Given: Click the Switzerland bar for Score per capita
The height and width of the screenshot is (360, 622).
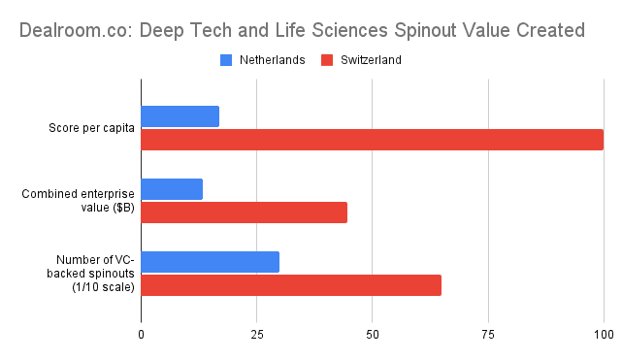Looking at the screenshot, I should [x=372, y=140].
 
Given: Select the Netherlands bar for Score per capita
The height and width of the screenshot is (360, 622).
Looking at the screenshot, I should [x=180, y=116].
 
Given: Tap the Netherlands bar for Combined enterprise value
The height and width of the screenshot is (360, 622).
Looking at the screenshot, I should [x=172, y=189].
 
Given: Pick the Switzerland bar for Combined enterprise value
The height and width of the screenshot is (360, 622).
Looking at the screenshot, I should [x=245, y=213].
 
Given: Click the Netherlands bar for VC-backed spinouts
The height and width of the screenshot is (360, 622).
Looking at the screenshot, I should [x=211, y=262].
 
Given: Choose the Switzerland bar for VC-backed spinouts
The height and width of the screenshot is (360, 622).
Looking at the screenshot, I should [x=291, y=285].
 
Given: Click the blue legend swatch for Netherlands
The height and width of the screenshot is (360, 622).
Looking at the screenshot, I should [x=227, y=60].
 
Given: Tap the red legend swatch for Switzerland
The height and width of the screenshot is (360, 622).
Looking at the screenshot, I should [x=327, y=60].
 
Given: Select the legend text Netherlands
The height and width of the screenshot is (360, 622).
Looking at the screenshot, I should [x=273, y=60].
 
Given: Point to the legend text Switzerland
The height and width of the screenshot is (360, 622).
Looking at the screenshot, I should [x=370, y=60].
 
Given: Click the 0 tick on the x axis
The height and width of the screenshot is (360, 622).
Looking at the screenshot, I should [x=142, y=335].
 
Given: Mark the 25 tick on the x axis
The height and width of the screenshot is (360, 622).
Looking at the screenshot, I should [x=257, y=335].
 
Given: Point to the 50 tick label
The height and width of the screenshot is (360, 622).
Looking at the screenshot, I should [x=373, y=335].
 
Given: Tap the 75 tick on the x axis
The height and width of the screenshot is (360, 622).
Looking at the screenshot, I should [x=488, y=335].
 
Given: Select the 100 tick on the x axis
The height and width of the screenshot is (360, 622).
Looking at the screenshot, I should [x=603, y=335].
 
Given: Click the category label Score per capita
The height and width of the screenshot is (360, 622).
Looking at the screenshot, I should [x=92, y=128].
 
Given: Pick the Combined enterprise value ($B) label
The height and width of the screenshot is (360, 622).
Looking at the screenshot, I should [x=80, y=201].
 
